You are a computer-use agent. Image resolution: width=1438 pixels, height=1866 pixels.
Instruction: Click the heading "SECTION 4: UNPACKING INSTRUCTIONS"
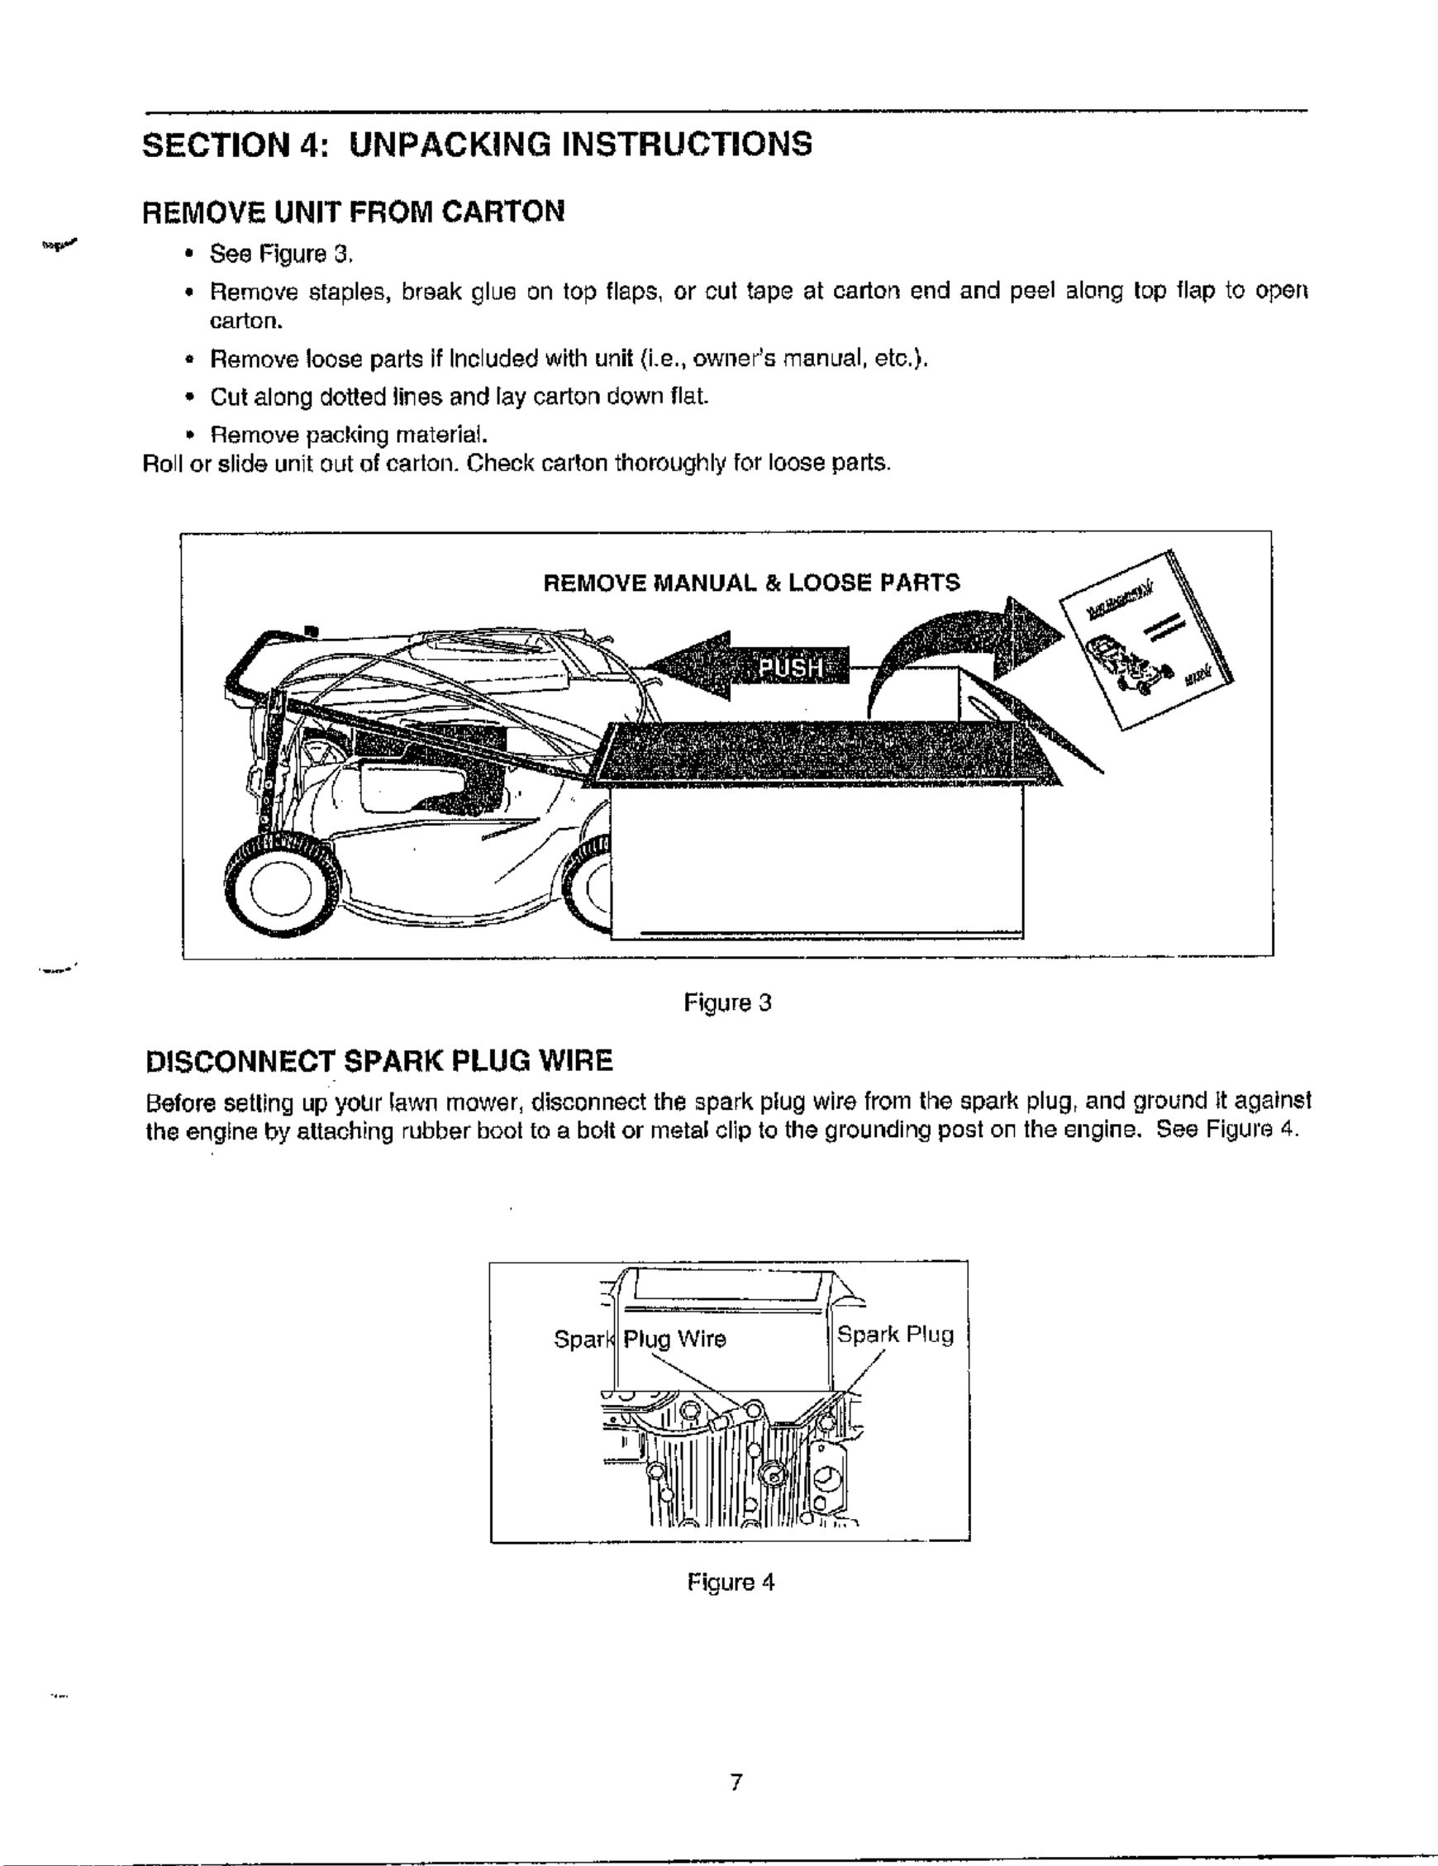pyautogui.click(x=477, y=145)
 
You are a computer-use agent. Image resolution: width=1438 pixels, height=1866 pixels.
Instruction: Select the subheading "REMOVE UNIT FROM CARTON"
pyautogui.click(x=353, y=212)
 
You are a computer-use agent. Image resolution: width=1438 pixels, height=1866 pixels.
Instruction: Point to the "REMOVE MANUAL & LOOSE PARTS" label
pyautogui.click(x=751, y=583)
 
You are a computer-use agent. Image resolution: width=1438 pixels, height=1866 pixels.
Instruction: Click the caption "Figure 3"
pyautogui.click(x=727, y=1002)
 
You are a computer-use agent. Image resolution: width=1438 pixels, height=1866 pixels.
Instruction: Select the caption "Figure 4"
pyautogui.click(x=731, y=1583)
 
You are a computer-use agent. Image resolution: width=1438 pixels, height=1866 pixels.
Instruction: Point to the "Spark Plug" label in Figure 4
pyautogui.click(x=894, y=1335)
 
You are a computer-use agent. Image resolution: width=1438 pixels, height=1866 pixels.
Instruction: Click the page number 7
pyautogui.click(x=735, y=1783)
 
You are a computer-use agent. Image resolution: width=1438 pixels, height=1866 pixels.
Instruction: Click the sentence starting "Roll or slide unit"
pyautogui.click(x=517, y=464)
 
